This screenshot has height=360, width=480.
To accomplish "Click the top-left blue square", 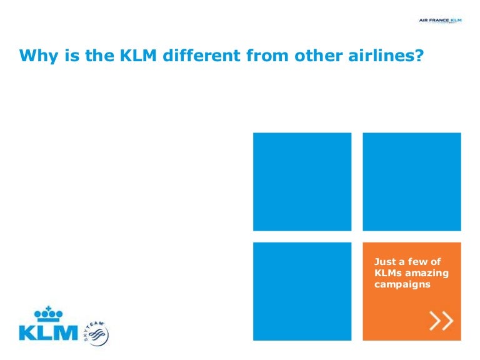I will pyautogui.click(x=302, y=182).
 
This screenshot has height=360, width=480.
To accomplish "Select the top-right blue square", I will pyautogui.click(x=412, y=182).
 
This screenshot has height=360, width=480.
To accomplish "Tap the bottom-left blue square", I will pyautogui.click(x=302, y=291).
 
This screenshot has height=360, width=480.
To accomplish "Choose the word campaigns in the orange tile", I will pyautogui.click(x=402, y=284).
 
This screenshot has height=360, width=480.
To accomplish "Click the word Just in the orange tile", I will pyautogui.click(x=384, y=262).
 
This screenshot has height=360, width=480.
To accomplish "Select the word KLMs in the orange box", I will pyautogui.click(x=387, y=273).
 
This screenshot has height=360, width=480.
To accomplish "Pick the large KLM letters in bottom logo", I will pyautogui.click(x=48, y=332).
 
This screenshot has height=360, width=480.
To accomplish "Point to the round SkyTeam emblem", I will pyautogui.click(x=97, y=334).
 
